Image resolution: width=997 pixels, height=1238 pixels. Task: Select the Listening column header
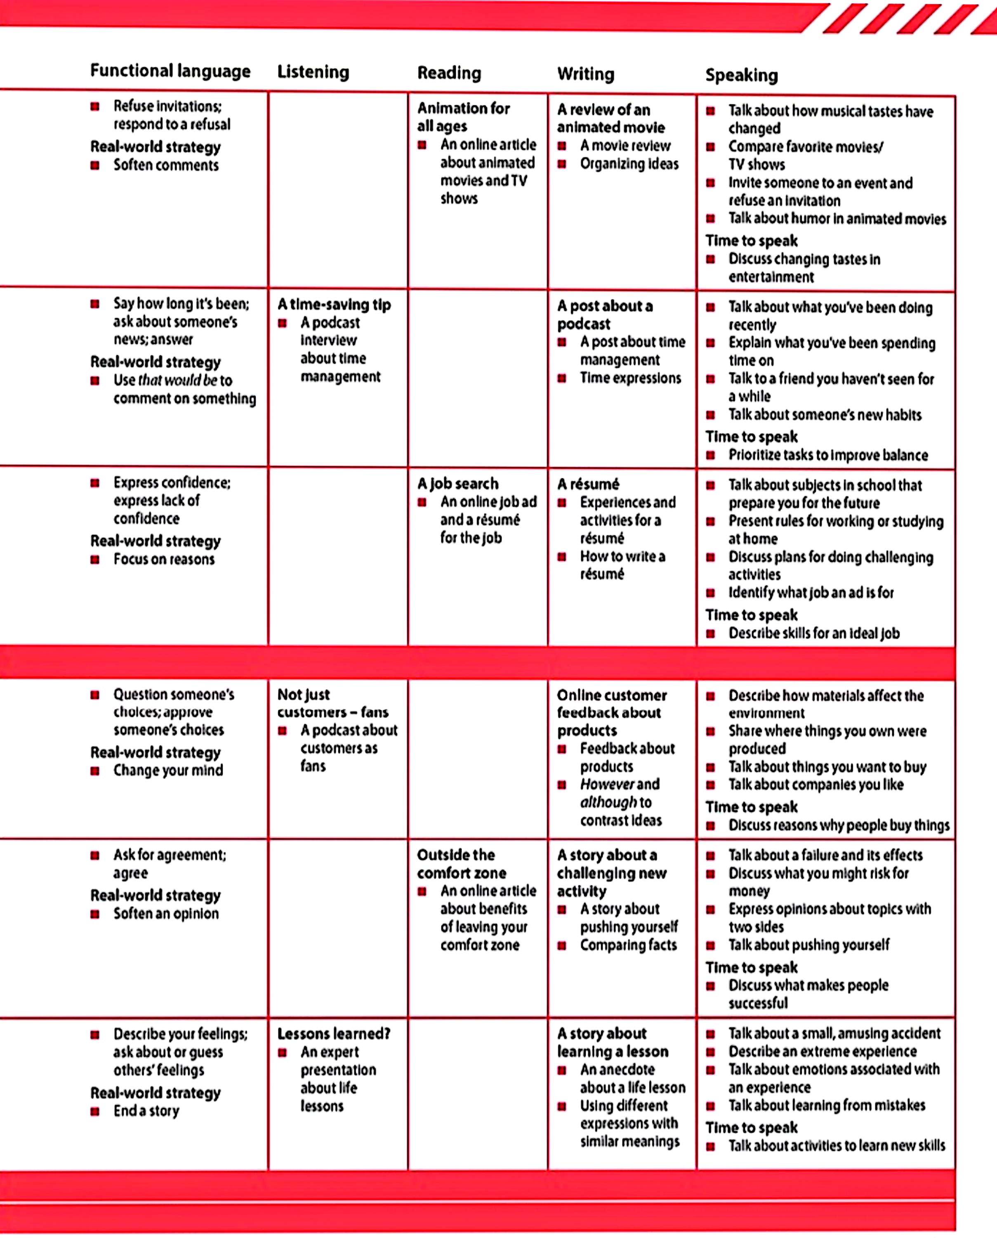coord(313,72)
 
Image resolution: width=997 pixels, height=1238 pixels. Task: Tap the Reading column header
coord(449,73)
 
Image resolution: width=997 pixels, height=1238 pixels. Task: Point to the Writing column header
coord(585,74)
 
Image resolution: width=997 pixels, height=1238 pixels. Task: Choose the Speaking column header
coord(741,75)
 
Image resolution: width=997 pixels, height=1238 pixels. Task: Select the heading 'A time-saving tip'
coord(334,305)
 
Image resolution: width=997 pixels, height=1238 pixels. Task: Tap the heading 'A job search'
coord(458,484)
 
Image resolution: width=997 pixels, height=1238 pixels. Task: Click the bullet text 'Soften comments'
coord(166,165)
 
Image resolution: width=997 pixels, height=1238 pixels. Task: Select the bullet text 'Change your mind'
coord(168,770)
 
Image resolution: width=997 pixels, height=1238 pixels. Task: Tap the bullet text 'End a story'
coord(146,1111)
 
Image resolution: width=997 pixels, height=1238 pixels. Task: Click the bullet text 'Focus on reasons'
coord(164,559)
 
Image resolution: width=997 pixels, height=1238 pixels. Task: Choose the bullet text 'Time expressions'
coord(630,378)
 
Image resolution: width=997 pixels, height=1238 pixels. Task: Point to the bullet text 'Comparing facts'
coord(628,945)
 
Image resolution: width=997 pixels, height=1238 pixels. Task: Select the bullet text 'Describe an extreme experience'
coord(823,1052)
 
